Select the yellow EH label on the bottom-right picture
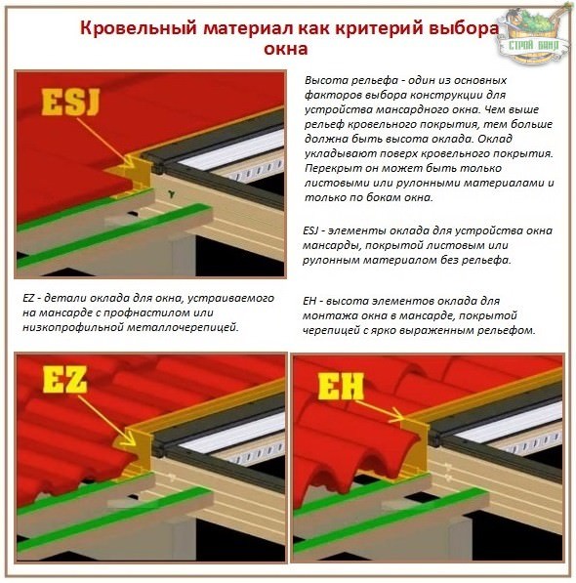coord(341,387)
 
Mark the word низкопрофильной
coord(69,327)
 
